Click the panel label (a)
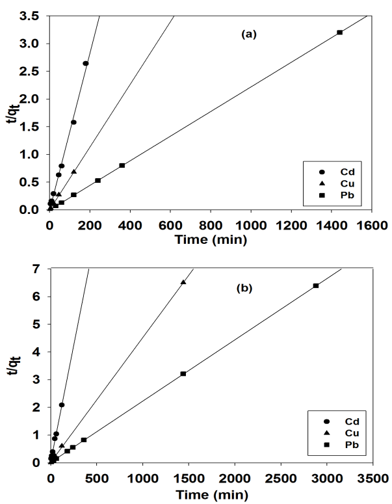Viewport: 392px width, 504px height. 247,35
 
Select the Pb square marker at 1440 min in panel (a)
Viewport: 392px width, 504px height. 339,32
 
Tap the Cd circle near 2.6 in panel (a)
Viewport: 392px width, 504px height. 85,63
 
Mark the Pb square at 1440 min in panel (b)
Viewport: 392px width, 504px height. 183,373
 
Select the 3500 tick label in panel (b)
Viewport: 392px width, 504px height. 372,477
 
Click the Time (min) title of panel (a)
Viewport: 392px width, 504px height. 211,239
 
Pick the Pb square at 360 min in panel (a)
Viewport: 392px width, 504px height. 122,165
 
